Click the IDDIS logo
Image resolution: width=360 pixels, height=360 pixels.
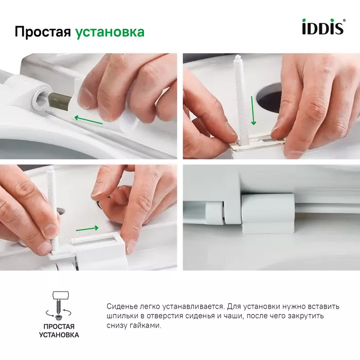[x=322, y=27]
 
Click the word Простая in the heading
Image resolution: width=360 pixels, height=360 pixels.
[x=42, y=32]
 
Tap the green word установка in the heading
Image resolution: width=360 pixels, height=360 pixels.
[x=110, y=32]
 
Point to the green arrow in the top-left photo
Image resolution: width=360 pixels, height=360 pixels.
[x=88, y=119]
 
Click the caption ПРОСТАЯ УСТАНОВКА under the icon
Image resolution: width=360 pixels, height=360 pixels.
[x=59, y=331]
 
